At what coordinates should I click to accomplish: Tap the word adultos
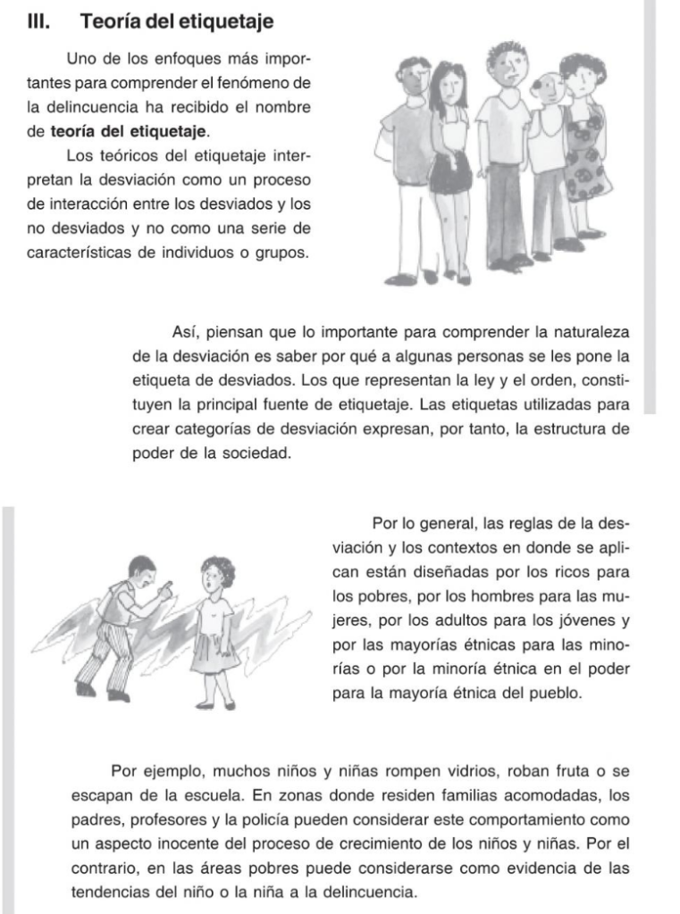pyautogui.click(x=461, y=619)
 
